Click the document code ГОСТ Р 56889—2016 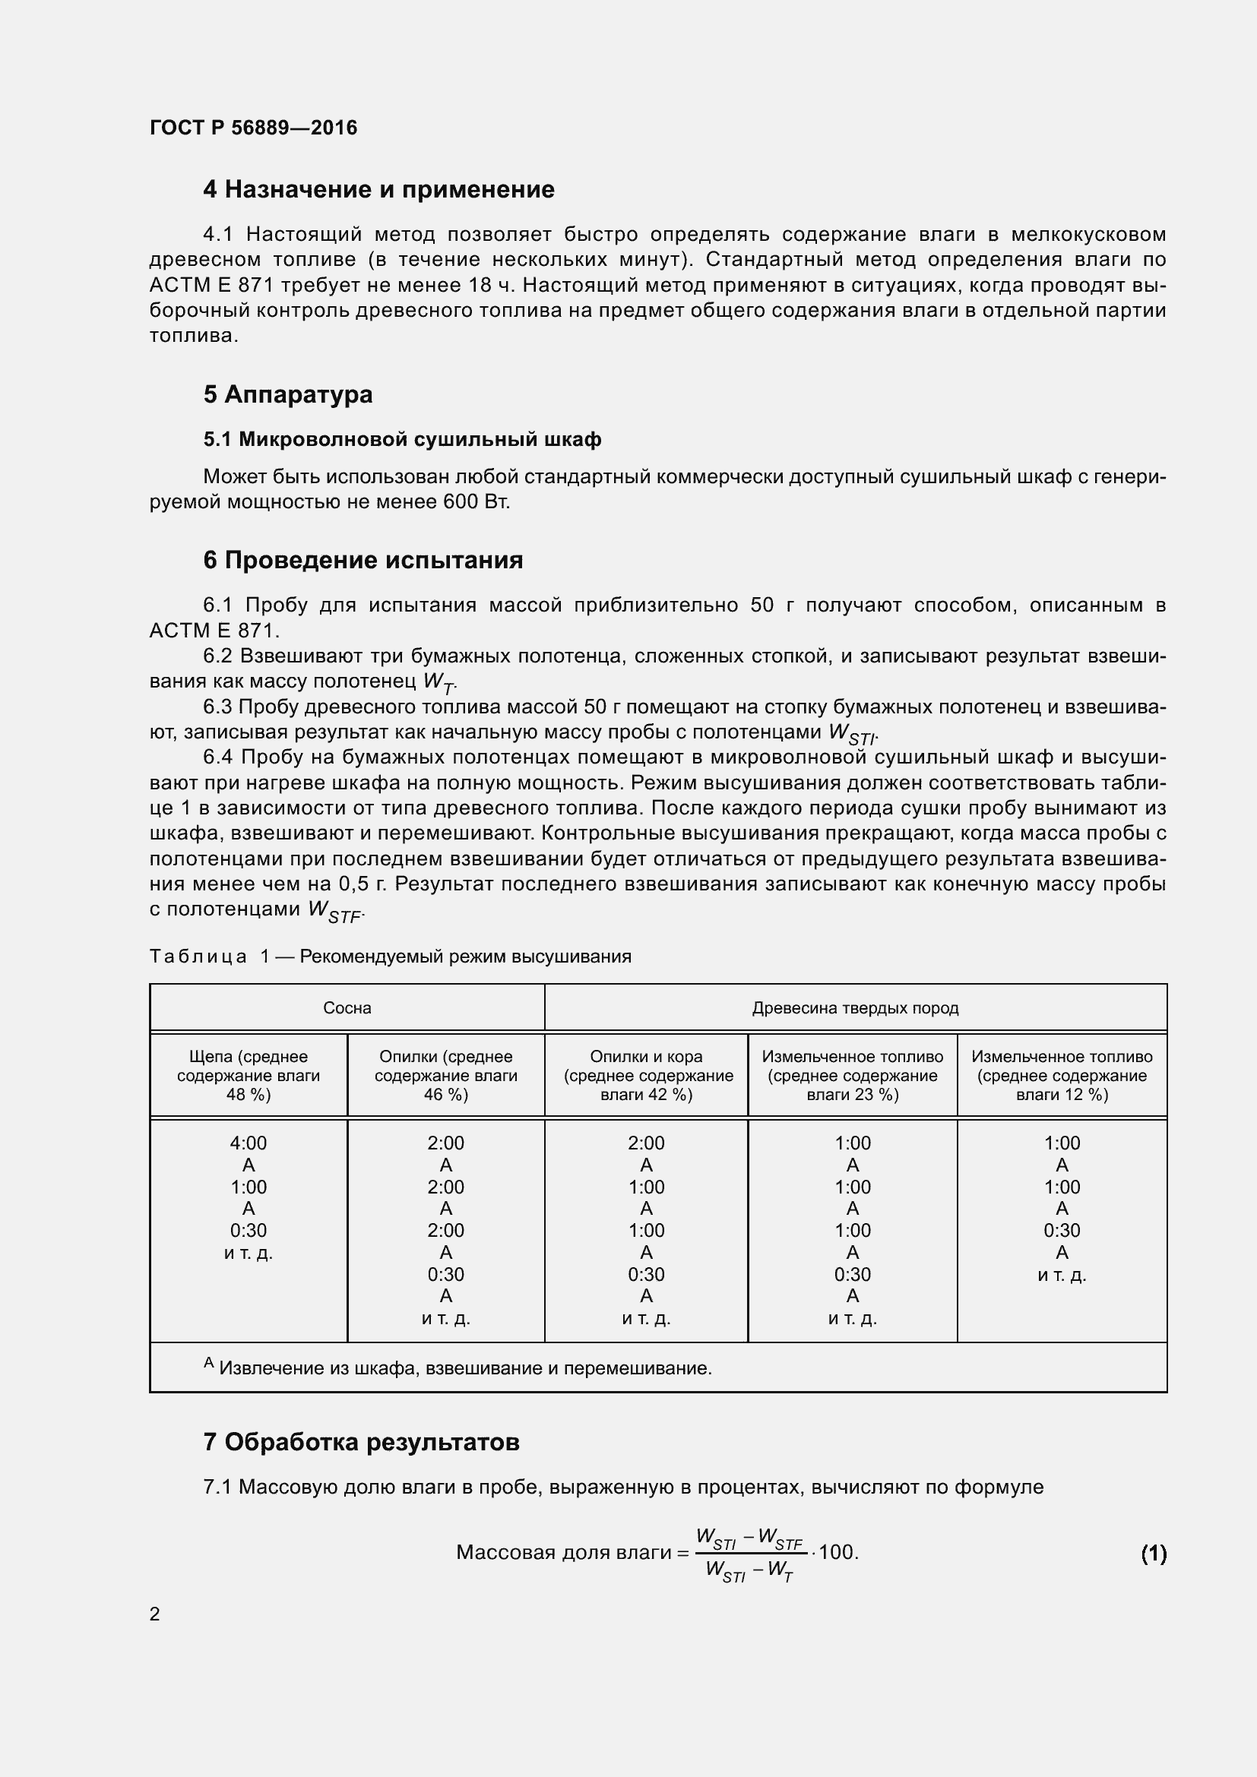(253, 128)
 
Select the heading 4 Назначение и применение (378, 190)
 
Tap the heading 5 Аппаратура (288, 395)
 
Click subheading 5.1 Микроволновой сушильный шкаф (402, 440)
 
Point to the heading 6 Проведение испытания (363, 561)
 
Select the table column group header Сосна (347, 1008)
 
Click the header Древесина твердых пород (855, 1008)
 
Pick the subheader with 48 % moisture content (249, 1076)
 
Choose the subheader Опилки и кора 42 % (646, 1076)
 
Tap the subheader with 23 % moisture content (852, 1076)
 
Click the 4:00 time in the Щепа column (249, 1143)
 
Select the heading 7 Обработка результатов (362, 1443)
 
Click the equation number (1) (1154, 1554)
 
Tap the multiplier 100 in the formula (837, 1553)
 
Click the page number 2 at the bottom (155, 1614)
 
